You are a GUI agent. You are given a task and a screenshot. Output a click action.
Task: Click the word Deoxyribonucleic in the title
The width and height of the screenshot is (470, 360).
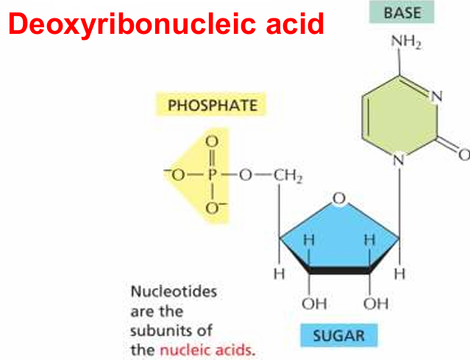click(x=132, y=24)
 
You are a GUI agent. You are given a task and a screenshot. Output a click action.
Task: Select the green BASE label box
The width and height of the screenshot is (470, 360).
click(x=402, y=12)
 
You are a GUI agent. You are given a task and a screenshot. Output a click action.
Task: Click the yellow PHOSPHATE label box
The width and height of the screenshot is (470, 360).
click(x=210, y=105)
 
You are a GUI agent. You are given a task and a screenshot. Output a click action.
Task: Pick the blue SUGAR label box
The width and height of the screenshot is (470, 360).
click(x=339, y=335)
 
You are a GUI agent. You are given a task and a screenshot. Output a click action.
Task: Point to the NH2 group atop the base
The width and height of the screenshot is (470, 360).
click(x=407, y=41)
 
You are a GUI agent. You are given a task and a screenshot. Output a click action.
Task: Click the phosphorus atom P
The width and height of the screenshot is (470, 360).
click(x=212, y=174)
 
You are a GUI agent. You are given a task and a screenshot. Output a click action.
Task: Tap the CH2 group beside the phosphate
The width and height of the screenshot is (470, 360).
click(x=287, y=176)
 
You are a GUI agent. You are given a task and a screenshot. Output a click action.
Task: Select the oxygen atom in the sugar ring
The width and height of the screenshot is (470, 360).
click(x=339, y=198)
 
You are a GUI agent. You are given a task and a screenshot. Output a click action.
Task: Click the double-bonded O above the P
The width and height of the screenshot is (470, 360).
click(x=212, y=141)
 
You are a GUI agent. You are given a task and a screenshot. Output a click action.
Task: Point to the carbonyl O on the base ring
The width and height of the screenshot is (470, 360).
click(x=464, y=155)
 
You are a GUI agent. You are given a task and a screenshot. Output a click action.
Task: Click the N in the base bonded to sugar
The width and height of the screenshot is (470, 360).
click(x=399, y=160)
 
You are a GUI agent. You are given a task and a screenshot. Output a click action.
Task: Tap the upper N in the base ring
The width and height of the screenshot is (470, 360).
click(x=436, y=96)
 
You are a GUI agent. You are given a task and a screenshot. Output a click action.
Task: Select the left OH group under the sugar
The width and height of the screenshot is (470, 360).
click(x=314, y=304)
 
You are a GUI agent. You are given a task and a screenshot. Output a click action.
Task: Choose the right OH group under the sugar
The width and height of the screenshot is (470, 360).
click(x=376, y=304)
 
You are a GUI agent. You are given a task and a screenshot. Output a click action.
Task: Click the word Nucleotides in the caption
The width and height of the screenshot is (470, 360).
click(x=174, y=292)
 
